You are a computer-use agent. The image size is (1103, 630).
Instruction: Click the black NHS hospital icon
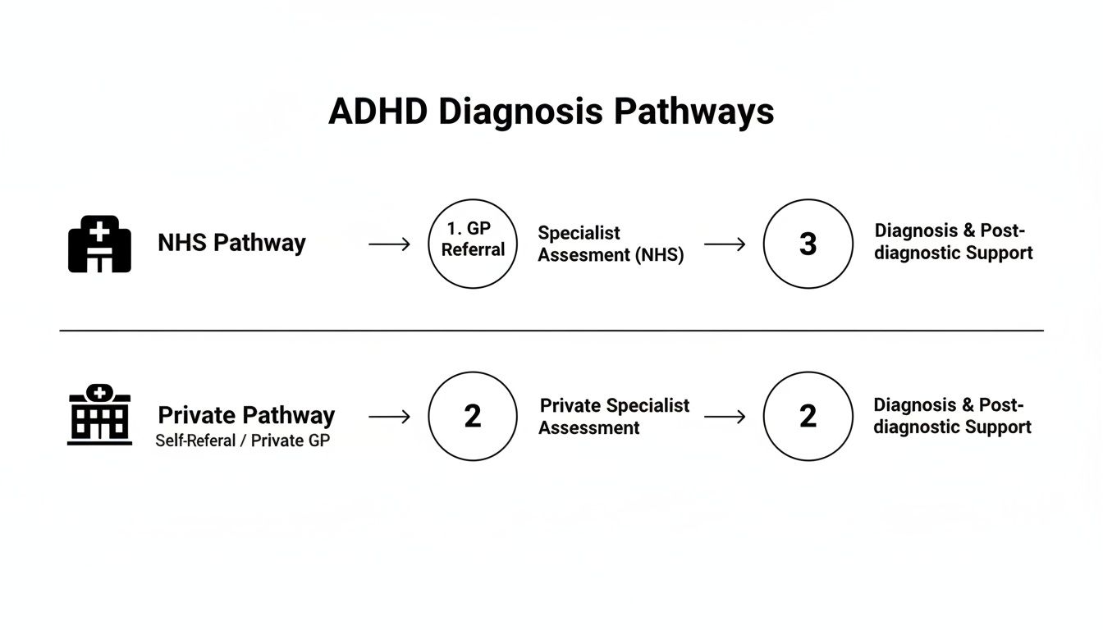(x=99, y=244)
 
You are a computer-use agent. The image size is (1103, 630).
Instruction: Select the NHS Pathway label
(x=231, y=243)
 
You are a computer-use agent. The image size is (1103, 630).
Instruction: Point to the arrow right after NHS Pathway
(x=389, y=244)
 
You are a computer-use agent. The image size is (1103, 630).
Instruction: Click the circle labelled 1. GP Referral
(x=473, y=244)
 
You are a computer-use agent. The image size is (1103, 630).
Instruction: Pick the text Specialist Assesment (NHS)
(x=611, y=244)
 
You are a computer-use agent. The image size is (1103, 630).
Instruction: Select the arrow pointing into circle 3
(x=725, y=244)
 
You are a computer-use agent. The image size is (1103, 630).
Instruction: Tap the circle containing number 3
(x=808, y=244)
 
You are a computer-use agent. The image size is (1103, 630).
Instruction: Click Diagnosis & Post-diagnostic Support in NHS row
(x=953, y=242)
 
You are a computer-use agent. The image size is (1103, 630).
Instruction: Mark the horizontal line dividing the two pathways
(x=551, y=331)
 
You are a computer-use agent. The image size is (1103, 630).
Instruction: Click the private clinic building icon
(x=99, y=416)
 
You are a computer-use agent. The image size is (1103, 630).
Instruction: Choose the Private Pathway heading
(x=246, y=414)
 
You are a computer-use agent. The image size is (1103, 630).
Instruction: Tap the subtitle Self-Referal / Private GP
(x=243, y=441)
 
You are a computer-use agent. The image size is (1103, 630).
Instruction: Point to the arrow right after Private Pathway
(x=389, y=417)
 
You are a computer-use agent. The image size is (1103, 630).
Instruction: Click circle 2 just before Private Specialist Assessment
(x=473, y=416)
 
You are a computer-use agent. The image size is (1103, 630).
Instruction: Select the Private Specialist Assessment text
(x=614, y=416)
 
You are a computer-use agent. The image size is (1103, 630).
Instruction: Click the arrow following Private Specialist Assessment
(x=725, y=417)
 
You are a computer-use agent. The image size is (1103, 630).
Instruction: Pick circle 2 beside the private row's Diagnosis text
(x=808, y=416)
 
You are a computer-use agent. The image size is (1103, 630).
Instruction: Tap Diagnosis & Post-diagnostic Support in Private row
(x=952, y=416)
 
